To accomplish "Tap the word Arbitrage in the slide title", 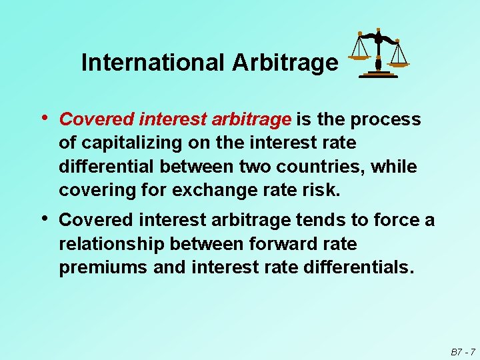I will click(285, 63).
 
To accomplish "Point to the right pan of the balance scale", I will click(399, 64).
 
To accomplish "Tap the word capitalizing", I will click(132, 143).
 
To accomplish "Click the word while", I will click(397, 167).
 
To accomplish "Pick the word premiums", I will click(102, 267).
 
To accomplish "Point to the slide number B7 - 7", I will click(462, 351).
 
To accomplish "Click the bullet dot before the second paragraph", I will click(45, 218).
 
